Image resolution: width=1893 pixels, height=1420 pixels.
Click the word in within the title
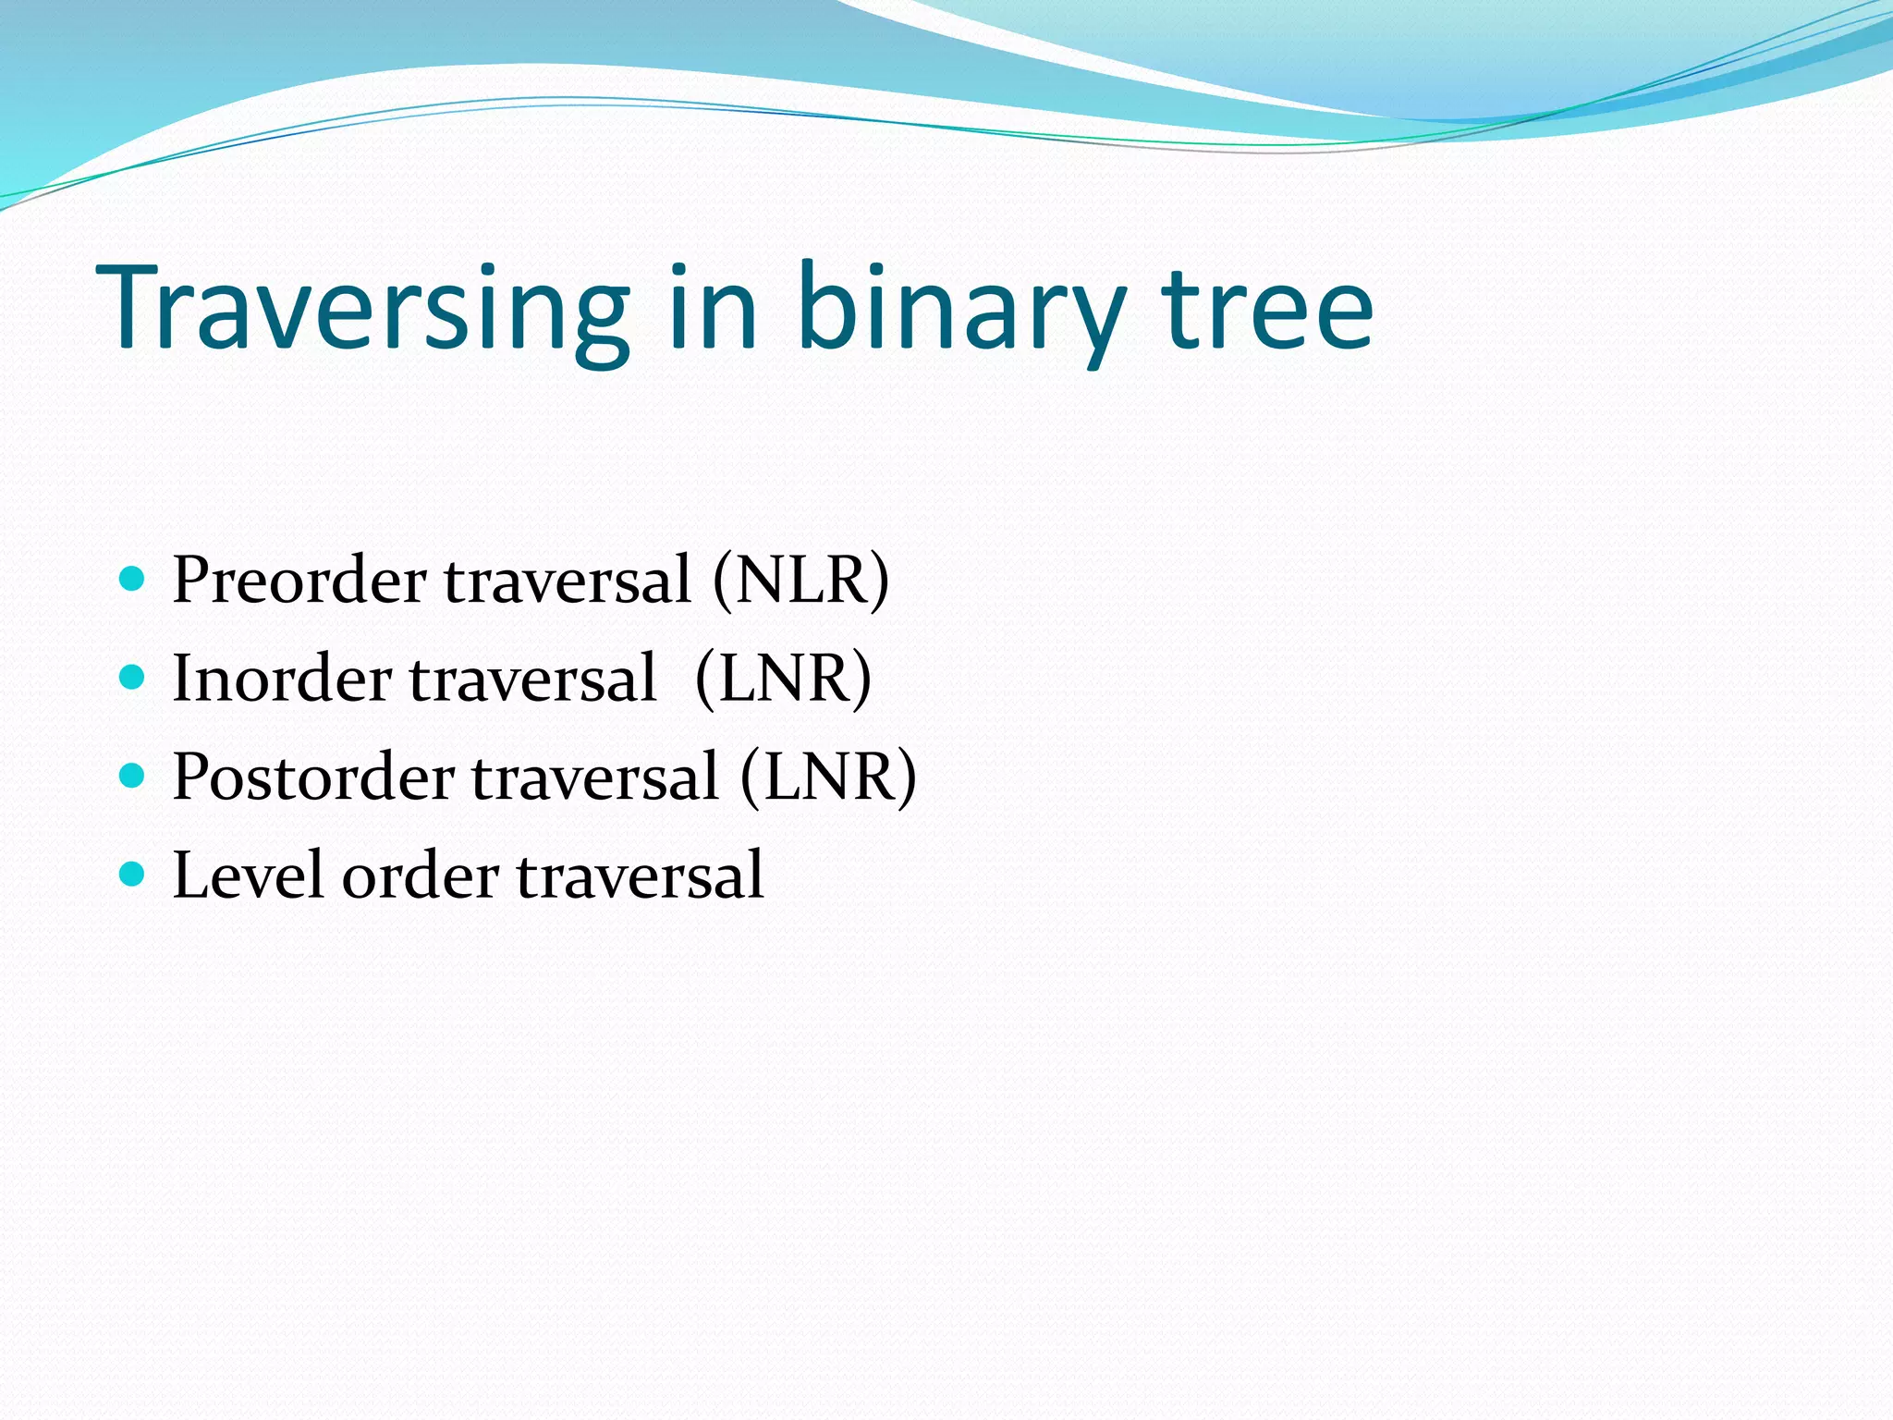coord(713,310)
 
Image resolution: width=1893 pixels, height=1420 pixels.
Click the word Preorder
coord(299,581)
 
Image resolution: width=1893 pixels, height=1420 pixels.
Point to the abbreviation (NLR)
coord(800,581)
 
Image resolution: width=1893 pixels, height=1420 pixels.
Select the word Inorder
coord(282,679)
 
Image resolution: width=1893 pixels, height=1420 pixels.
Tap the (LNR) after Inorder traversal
coord(783,679)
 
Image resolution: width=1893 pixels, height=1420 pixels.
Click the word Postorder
coord(313,777)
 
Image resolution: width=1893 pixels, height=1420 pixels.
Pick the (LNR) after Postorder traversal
coord(828,777)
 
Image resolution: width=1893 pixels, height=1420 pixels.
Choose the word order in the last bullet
coord(421,875)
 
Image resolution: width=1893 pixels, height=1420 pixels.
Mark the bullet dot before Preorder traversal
coord(133,580)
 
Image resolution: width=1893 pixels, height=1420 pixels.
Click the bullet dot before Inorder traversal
coord(133,678)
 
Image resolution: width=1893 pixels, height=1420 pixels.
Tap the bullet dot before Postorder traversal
coord(133,775)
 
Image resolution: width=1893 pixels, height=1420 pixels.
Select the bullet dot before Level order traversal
coord(133,873)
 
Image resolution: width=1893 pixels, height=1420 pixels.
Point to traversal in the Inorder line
coord(533,679)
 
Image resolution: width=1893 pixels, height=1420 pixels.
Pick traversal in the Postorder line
coord(595,777)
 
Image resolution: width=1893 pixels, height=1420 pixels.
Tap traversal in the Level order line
coord(640,875)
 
